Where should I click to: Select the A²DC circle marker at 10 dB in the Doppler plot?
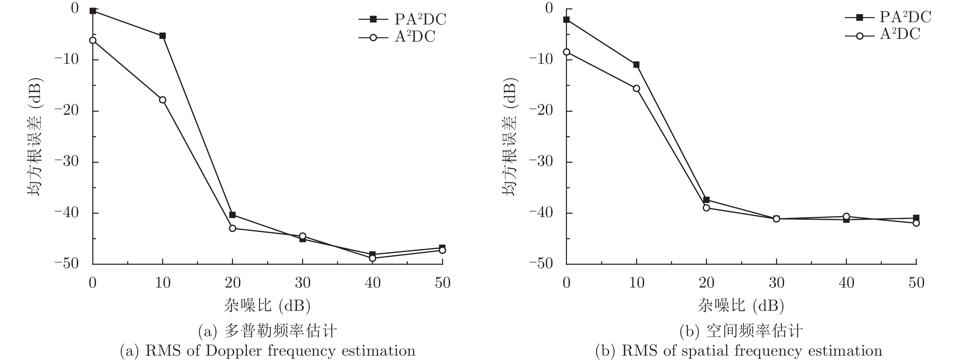coord(162,100)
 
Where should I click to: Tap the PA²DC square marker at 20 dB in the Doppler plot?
coord(232,215)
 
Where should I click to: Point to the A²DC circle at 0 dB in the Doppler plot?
coord(93,41)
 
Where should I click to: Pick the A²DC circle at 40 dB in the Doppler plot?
coord(372,258)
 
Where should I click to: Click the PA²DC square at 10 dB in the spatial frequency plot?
coord(636,65)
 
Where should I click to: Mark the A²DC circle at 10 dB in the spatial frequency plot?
coord(636,89)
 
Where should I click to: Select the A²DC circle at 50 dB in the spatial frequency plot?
coord(916,223)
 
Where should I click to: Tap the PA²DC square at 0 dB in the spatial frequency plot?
coord(566,20)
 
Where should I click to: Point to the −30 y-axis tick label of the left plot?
coord(67,162)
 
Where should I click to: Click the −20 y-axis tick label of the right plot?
coord(541,111)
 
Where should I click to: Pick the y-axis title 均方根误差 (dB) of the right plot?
coord(510,137)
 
